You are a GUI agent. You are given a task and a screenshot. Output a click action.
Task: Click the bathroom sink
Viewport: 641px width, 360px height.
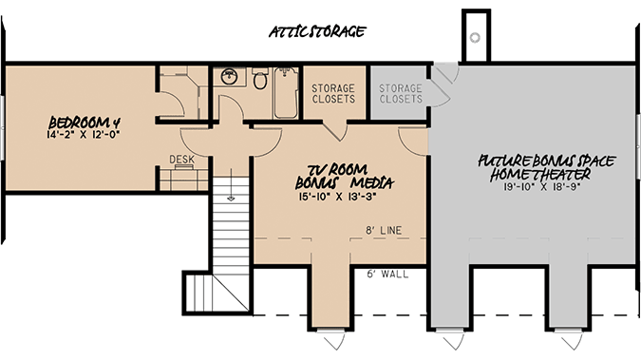[x=228, y=77]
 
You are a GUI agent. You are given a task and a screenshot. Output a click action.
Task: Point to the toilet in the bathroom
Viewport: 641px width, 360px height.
[x=259, y=81]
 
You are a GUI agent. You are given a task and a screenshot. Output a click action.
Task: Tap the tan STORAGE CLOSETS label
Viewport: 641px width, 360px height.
[x=333, y=93]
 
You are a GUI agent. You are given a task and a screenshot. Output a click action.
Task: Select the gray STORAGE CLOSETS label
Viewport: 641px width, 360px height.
[x=400, y=93]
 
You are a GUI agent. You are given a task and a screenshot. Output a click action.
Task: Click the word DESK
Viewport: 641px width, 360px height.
[x=181, y=160]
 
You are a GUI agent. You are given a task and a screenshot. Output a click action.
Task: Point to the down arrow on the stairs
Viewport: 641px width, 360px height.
[x=230, y=198]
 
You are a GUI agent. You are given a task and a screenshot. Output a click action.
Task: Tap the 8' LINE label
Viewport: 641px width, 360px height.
[x=381, y=230]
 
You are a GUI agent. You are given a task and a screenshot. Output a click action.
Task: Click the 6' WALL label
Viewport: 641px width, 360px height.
[x=386, y=275]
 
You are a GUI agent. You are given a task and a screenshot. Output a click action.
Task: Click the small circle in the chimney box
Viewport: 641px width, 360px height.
[x=474, y=37]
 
